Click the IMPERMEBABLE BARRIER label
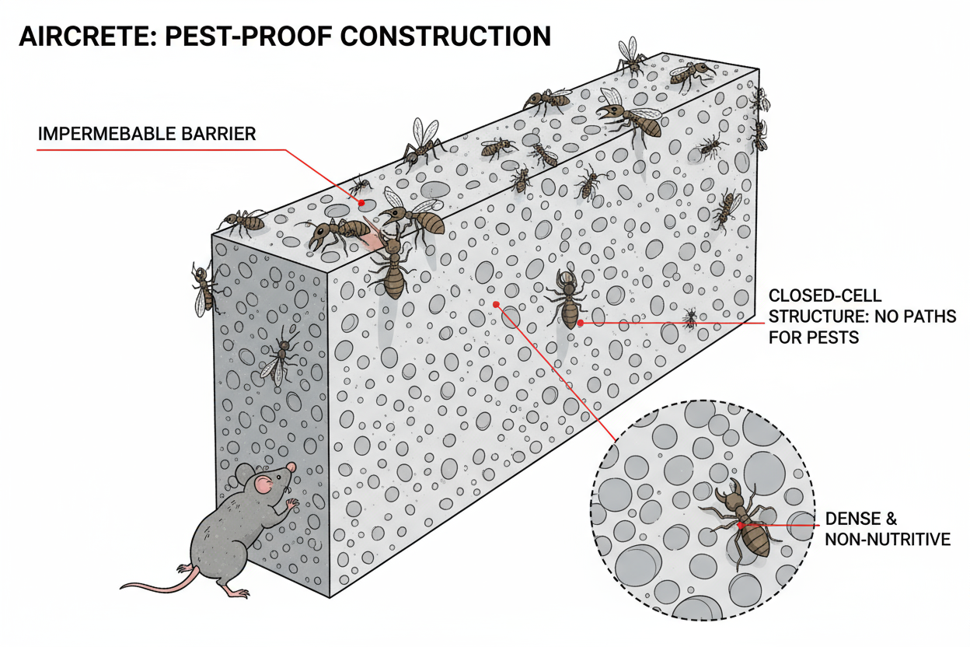(x=147, y=134)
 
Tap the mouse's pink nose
(x=291, y=467)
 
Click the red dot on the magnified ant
(x=741, y=525)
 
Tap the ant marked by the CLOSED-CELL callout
(x=570, y=299)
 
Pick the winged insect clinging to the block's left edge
(x=204, y=289)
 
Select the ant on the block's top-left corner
(x=243, y=222)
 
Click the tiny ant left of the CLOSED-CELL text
(x=689, y=317)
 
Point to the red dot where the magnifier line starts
(x=493, y=304)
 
